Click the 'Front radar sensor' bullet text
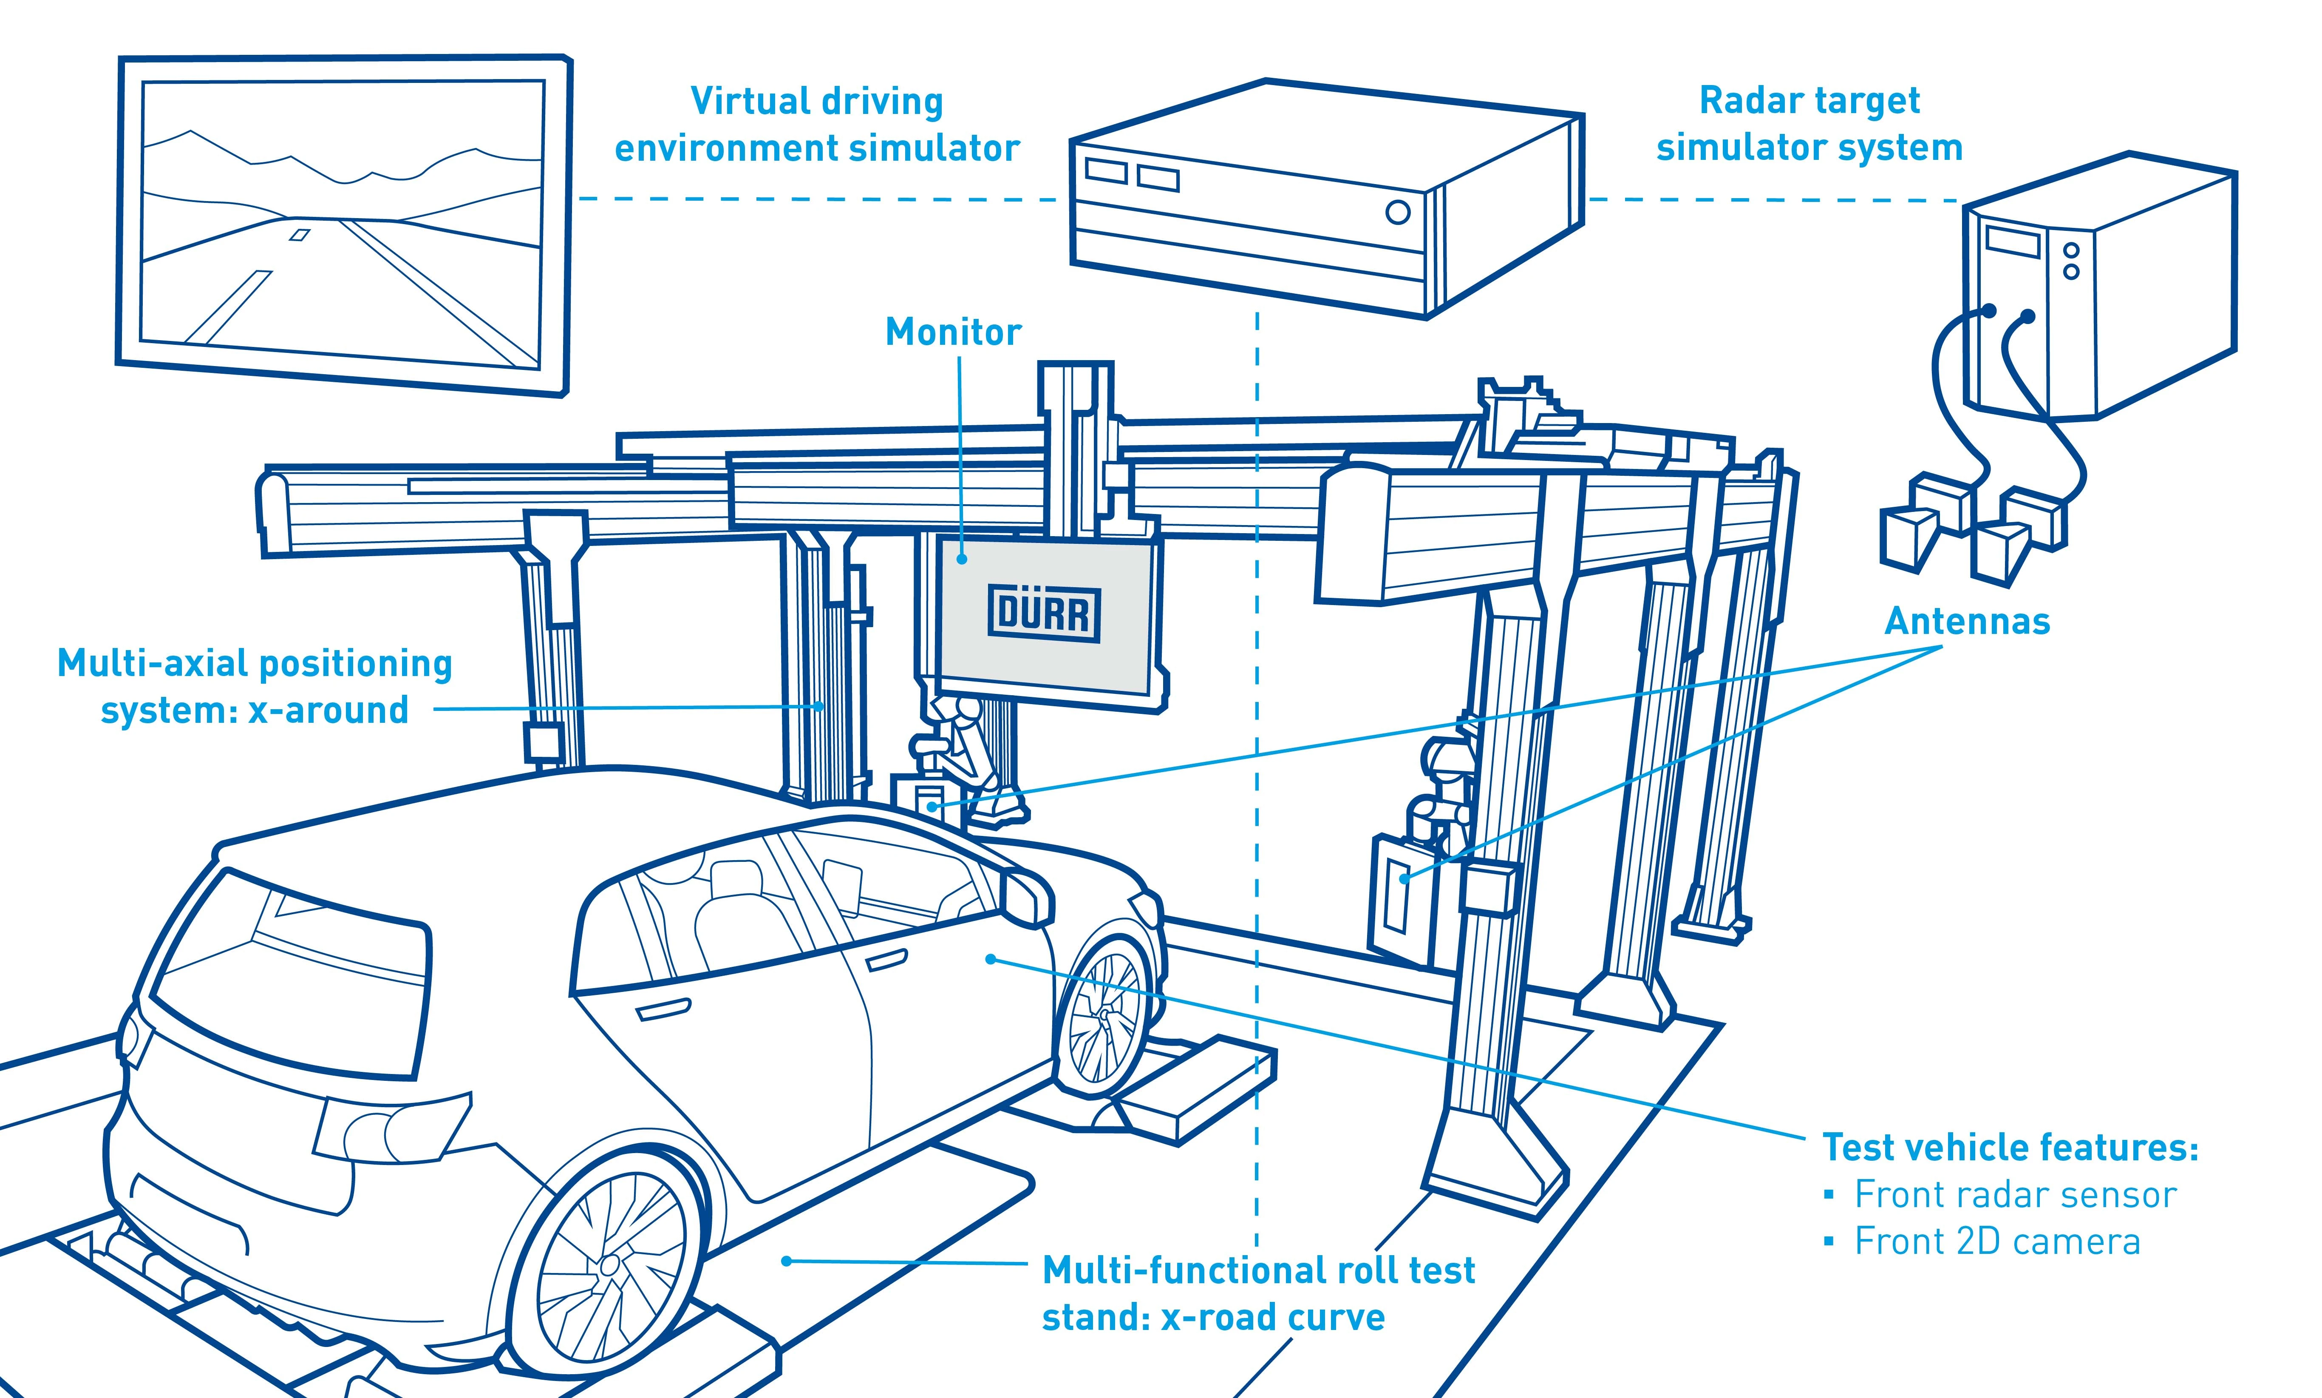[x=2015, y=1194]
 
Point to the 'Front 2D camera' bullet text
[x=1997, y=1242]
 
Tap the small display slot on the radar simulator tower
[x=2011, y=241]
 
